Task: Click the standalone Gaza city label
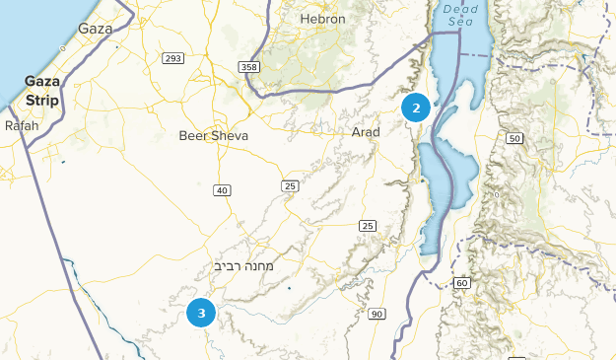point(95,29)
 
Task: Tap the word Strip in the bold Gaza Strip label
point(43,101)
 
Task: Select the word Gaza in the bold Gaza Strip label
point(43,81)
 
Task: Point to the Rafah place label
point(22,126)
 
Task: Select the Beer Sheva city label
point(214,135)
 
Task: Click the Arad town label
point(366,131)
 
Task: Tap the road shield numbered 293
point(173,59)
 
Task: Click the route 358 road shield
point(248,66)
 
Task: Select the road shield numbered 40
point(222,189)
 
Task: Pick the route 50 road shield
point(514,138)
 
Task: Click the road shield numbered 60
point(461,283)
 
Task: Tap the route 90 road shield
point(376,314)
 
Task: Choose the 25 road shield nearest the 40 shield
point(289,185)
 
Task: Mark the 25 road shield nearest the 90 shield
point(368,226)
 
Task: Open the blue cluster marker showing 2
point(417,108)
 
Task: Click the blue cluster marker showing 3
point(201,314)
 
